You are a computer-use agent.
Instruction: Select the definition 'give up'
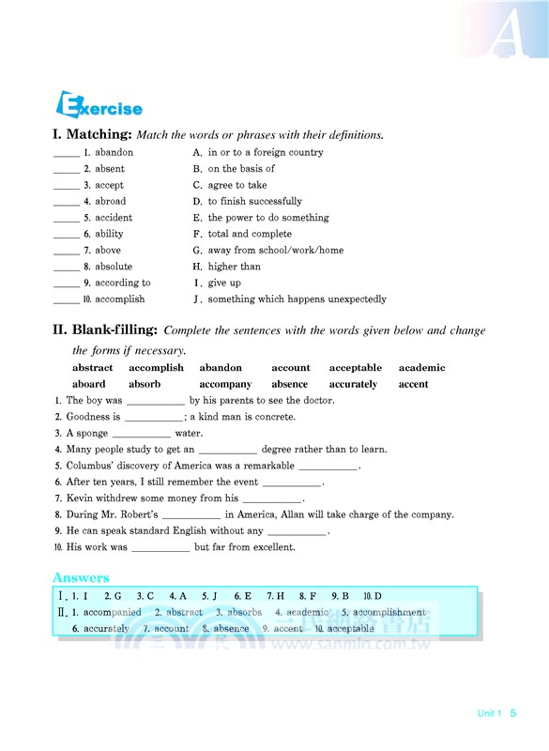click(223, 283)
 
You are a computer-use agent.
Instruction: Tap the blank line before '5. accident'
click(66, 218)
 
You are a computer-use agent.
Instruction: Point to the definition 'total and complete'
click(250, 234)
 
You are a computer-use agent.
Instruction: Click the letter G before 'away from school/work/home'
click(197, 251)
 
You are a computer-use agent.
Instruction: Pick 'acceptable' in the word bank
click(355, 368)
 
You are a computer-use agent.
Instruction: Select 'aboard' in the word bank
click(89, 384)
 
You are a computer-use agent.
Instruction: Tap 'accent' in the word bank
click(413, 384)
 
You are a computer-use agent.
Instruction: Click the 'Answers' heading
click(81, 577)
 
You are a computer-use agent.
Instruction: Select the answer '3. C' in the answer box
click(145, 596)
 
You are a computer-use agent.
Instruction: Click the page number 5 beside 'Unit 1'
click(513, 713)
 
